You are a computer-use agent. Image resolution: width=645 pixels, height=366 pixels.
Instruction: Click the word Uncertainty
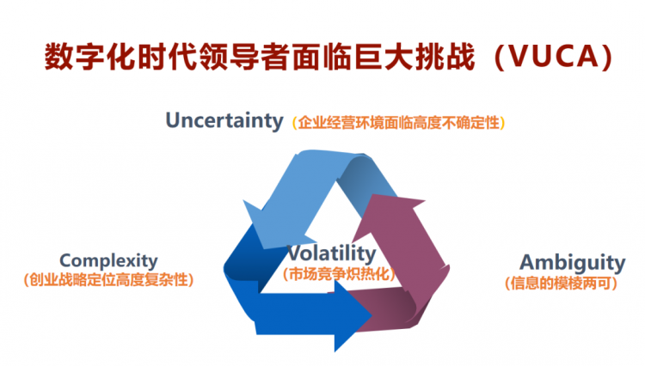(224, 121)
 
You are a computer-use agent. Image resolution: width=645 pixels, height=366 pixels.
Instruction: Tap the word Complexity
(108, 261)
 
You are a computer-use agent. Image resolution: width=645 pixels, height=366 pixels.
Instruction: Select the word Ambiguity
(573, 263)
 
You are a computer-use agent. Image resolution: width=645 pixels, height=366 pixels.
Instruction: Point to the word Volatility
(331, 253)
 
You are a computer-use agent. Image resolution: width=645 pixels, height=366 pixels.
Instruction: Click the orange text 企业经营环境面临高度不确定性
(398, 123)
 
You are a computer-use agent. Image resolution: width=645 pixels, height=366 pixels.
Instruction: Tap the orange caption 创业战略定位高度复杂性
(108, 280)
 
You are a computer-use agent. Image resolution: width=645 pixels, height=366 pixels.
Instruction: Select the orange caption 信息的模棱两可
(561, 283)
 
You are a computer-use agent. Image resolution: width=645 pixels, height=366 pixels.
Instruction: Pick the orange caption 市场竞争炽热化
(339, 273)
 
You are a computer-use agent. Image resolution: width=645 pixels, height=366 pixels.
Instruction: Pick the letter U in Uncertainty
(173, 120)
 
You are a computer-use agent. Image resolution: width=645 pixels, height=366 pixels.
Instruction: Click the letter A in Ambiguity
(529, 262)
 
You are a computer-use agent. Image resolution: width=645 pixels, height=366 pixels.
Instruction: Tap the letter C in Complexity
(66, 261)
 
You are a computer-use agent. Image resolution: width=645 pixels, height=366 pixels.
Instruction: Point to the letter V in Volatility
(294, 253)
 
